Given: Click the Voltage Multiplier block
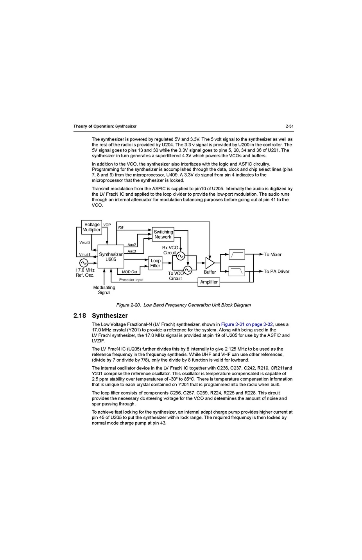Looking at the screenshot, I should [x=92, y=227].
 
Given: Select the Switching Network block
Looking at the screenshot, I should [x=163, y=234].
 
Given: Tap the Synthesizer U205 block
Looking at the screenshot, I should [x=111, y=257].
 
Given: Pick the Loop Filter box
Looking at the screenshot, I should [x=155, y=263].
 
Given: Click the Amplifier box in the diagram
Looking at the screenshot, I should [x=209, y=282].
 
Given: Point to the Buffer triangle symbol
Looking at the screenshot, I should [x=210, y=263].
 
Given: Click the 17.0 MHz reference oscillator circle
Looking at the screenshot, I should [x=84, y=263].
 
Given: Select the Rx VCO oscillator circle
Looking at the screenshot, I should [x=181, y=256].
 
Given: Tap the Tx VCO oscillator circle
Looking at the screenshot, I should [x=188, y=270].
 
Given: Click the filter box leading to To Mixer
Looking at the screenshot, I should [x=237, y=254].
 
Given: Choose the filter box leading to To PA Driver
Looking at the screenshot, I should [x=237, y=271].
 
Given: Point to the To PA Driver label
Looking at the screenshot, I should [x=276, y=271].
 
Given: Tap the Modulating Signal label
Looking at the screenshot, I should [x=104, y=290].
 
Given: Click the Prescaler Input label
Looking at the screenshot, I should [x=131, y=280].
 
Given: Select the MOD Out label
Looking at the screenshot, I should [x=129, y=272].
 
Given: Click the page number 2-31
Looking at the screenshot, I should [x=289, y=126].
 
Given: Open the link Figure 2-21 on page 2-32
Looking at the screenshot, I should [x=247, y=324].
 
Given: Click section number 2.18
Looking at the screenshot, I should [x=80, y=315].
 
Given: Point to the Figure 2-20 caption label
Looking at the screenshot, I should [x=128, y=305].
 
